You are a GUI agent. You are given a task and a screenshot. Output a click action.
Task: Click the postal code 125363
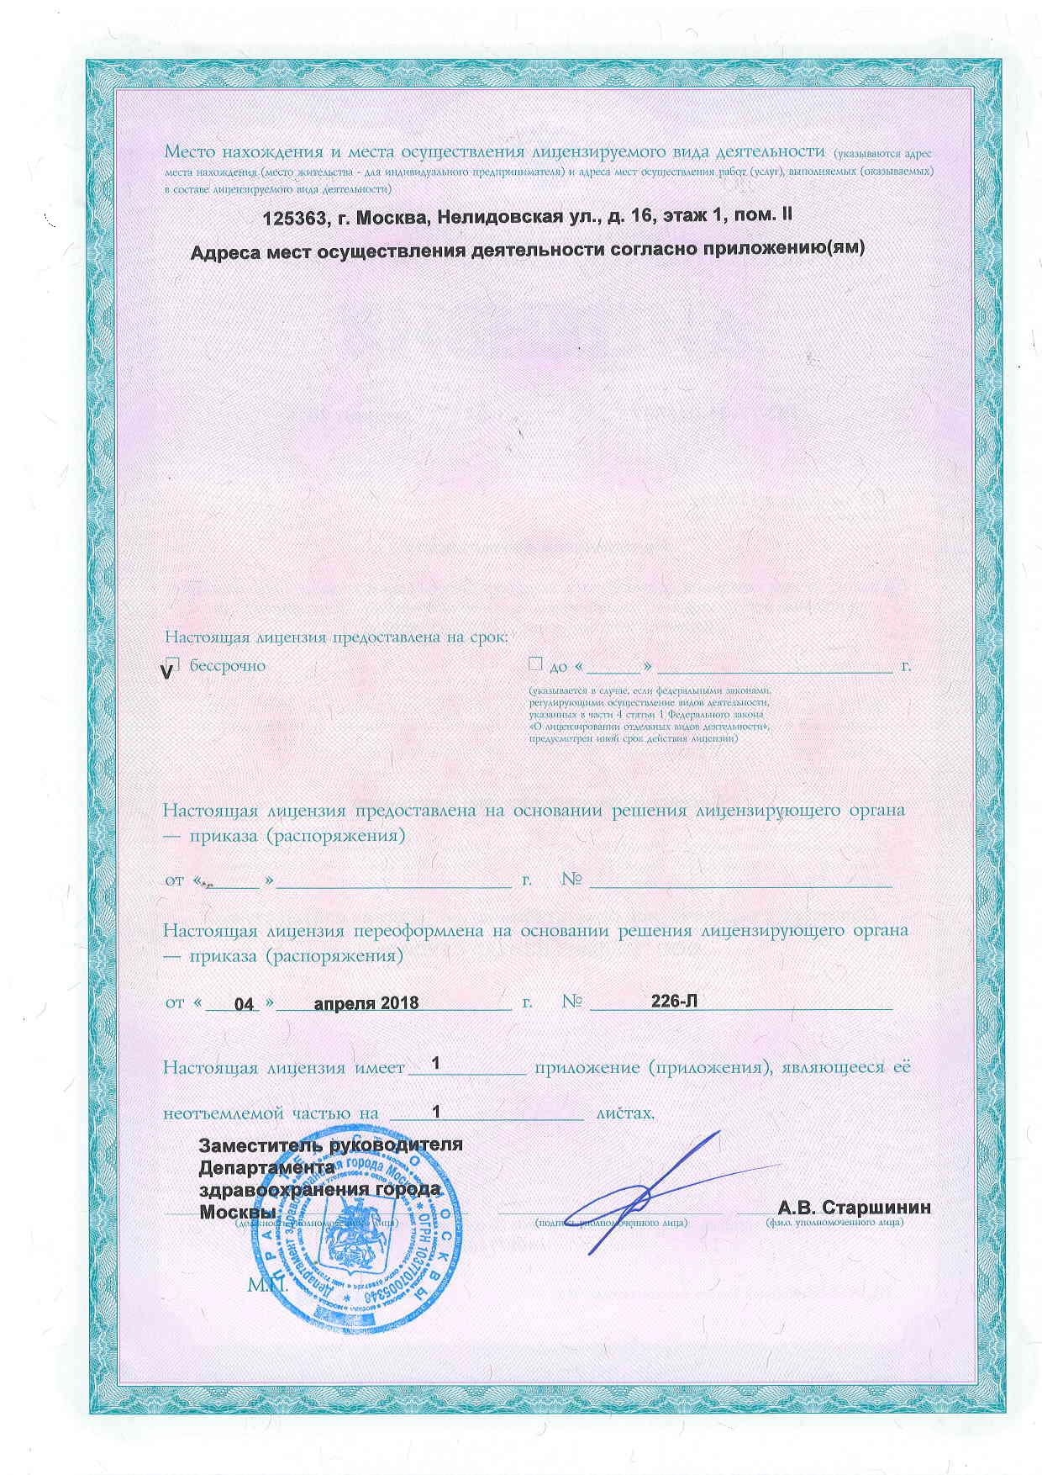coord(296,217)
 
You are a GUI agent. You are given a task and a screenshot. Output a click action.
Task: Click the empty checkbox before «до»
coord(535,664)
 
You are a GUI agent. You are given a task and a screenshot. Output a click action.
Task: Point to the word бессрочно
coord(228,666)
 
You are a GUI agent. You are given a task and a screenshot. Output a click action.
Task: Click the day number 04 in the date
coord(245,1004)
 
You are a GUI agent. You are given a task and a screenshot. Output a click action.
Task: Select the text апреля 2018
coord(366,1003)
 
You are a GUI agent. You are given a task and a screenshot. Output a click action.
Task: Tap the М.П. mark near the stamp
coord(267,1286)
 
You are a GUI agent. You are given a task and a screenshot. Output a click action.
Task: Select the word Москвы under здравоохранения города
coord(238,1212)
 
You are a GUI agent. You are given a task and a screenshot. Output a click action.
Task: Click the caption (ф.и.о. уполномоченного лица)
coord(834,1222)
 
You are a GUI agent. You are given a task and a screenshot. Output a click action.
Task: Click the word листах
coord(624,1113)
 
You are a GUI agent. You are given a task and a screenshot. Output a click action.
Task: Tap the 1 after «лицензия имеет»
coord(435,1065)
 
